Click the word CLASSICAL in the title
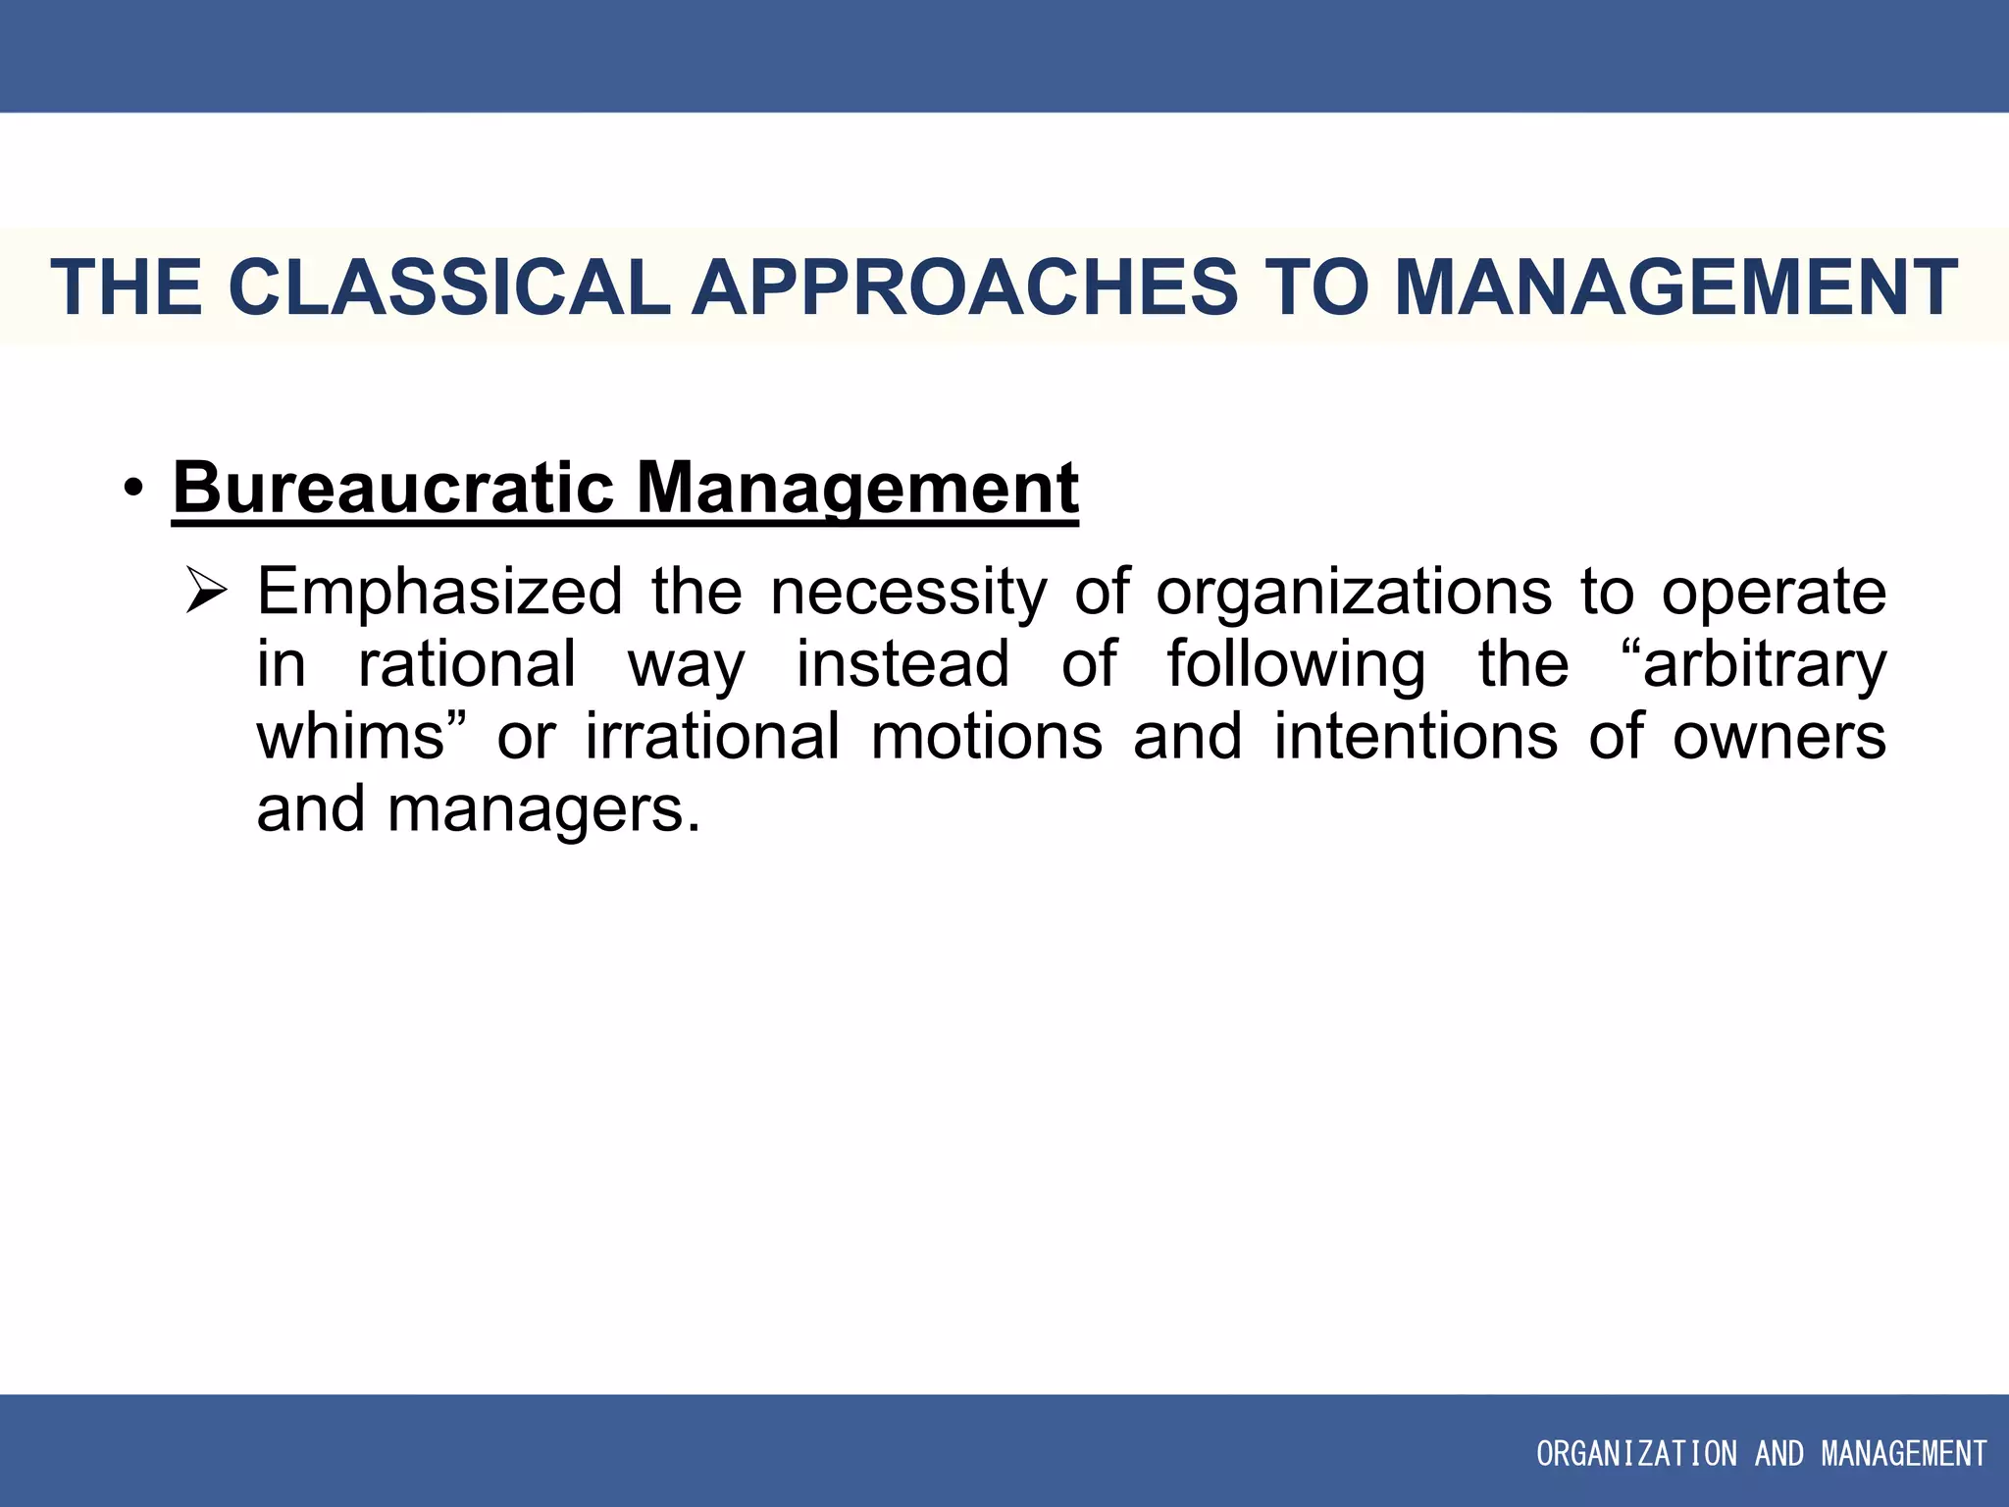[x=449, y=287]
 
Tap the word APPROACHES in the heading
[x=964, y=287]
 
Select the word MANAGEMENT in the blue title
[x=1675, y=287]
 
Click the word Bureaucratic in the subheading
[x=393, y=488]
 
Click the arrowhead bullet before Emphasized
[x=207, y=593]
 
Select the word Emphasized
[x=439, y=593]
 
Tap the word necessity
[x=908, y=593]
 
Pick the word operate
[x=1774, y=593]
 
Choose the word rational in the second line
[x=467, y=664]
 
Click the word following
[x=1296, y=664]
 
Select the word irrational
[x=713, y=737]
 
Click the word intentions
[x=1416, y=737]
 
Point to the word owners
[x=1778, y=737]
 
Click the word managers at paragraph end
[x=544, y=810]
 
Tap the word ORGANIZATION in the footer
[x=1635, y=1453]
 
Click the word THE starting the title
[x=127, y=287]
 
